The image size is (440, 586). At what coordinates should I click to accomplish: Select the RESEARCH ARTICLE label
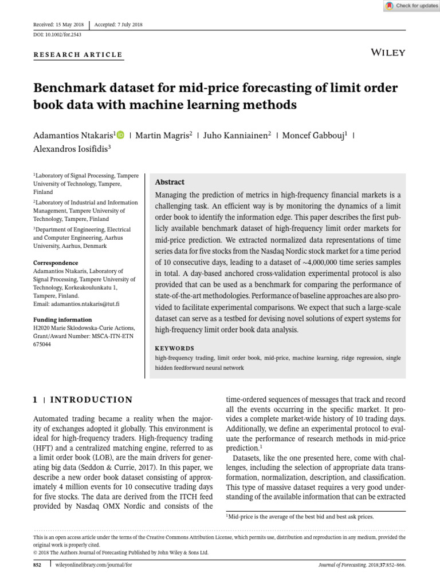(x=78, y=55)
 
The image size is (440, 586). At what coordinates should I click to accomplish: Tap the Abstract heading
(x=170, y=182)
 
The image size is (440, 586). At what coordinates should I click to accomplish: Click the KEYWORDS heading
(x=175, y=348)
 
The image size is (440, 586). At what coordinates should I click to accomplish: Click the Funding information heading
(x=62, y=319)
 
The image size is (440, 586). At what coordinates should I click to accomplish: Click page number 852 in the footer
(x=38, y=565)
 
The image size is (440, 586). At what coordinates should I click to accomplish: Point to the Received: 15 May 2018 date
(x=59, y=25)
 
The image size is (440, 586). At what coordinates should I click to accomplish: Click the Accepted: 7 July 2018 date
(x=119, y=25)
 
